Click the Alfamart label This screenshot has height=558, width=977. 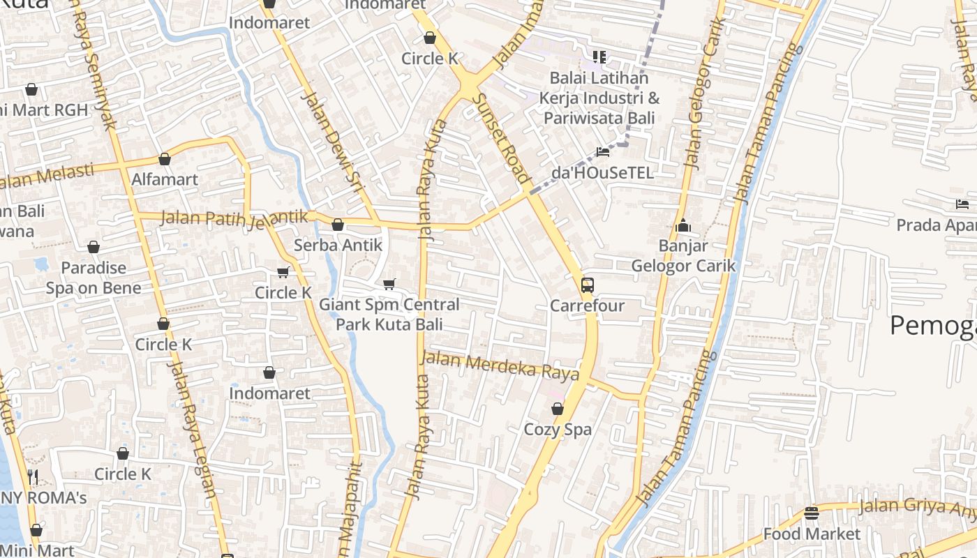tap(165, 179)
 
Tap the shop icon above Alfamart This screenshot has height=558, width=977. tap(165, 160)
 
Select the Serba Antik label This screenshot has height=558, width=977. tap(338, 245)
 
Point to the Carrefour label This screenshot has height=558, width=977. tap(587, 306)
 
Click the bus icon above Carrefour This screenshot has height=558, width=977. tap(588, 285)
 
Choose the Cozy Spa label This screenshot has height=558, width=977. tap(558, 429)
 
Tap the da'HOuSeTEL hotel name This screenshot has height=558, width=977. tap(603, 172)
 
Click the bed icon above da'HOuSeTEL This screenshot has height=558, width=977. tap(603, 151)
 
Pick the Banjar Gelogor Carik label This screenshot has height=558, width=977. tap(683, 256)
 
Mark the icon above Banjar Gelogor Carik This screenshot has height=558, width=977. tap(683, 226)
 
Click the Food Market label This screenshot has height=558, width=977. tap(812, 534)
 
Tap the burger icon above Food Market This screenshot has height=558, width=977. tap(811, 513)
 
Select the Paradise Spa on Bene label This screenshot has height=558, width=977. tap(94, 278)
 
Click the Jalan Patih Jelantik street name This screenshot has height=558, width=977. tap(234, 218)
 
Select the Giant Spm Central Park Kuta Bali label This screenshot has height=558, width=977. tap(389, 315)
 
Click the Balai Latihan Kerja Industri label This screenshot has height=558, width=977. tap(599, 98)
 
